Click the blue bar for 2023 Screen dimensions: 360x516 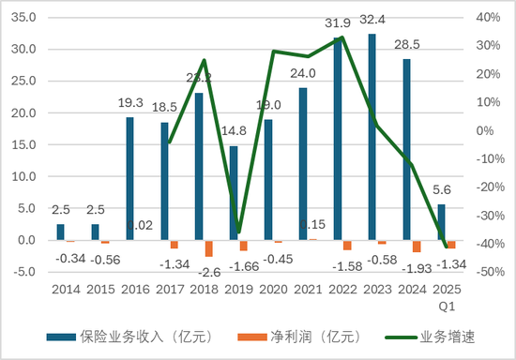pyautogui.click(x=372, y=137)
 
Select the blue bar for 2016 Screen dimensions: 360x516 pyautogui.click(x=129, y=178)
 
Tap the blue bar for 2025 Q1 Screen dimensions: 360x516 pyautogui.click(x=442, y=222)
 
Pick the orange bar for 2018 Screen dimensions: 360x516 pyautogui.click(x=209, y=248)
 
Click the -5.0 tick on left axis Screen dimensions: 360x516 pyautogui.click(x=25, y=273)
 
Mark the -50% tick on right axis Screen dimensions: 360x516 pyautogui.click(x=490, y=273)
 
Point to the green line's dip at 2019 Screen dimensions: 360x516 pyautogui.click(x=238, y=231)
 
